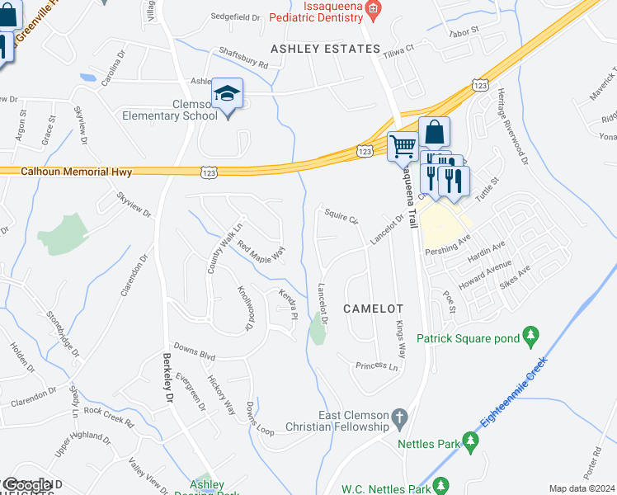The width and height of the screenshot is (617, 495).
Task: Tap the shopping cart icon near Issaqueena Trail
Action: pos(403,146)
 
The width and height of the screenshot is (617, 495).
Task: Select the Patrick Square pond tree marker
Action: pos(532,337)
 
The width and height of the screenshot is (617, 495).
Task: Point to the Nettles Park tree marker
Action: pos(472,443)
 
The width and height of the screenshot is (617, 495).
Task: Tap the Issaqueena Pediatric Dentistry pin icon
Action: pos(373,8)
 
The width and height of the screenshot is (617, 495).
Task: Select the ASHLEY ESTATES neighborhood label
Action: pos(326,49)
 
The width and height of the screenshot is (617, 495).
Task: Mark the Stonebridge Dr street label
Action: pos(63,328)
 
